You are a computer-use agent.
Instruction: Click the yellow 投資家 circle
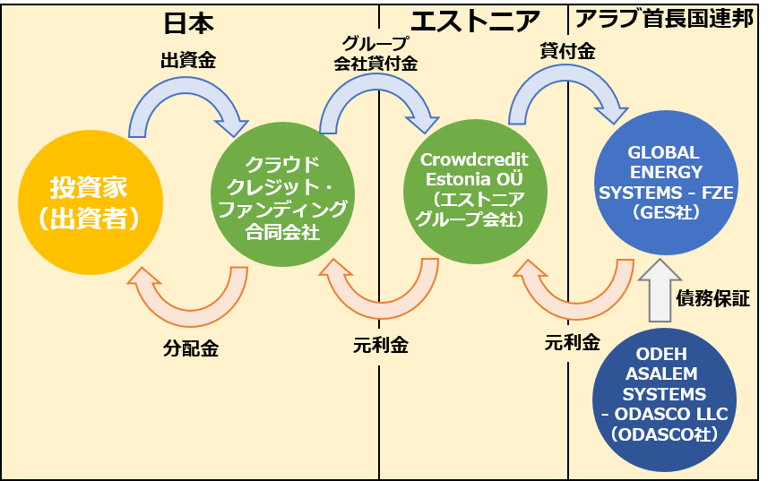90,202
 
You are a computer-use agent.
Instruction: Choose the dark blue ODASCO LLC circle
664,394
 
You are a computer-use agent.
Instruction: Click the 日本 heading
189,21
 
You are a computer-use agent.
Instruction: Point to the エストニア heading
475,20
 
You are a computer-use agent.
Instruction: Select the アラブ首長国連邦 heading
663,20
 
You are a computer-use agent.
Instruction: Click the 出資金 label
188,61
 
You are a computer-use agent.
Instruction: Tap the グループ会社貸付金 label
375,54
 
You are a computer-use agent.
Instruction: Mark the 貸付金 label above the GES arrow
567,52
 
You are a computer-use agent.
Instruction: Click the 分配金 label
191,348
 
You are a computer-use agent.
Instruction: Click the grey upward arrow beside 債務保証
659,288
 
